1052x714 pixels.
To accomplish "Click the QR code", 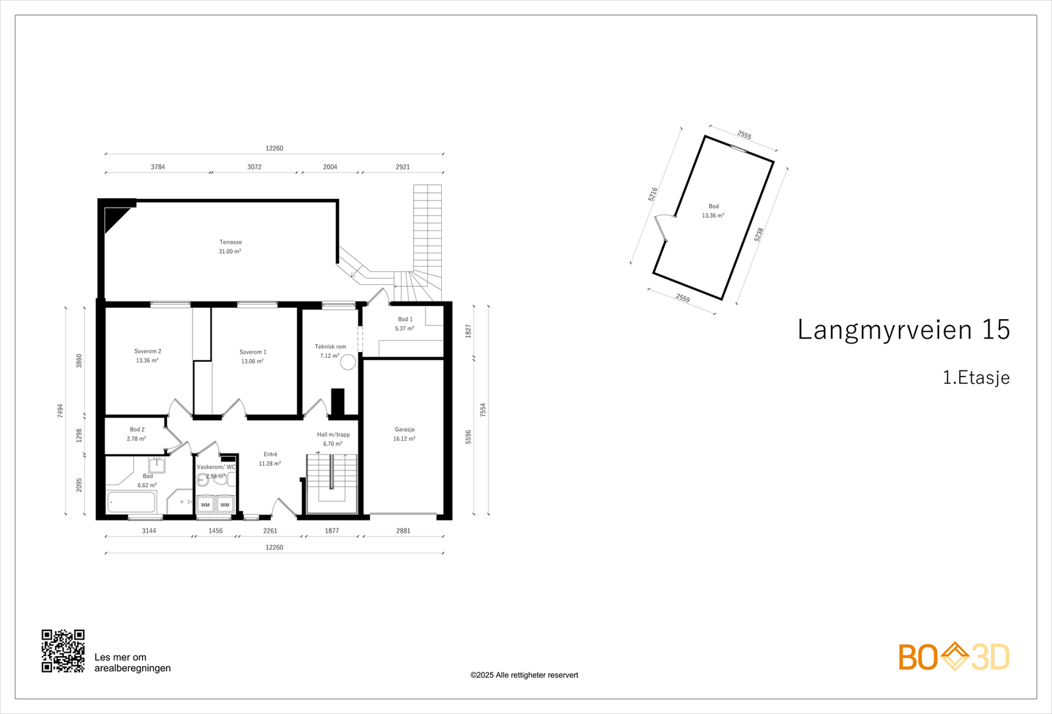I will coord(63,651).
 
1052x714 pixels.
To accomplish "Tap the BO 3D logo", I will coord(954,657).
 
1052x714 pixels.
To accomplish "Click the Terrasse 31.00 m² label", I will coord(230,247).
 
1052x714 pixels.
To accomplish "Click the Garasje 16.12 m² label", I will coord(404,434).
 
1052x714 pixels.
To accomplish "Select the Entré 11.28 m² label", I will coord(270,459).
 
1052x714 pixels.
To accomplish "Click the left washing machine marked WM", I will coord(206,505).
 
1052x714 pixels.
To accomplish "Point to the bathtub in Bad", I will coord(131,502).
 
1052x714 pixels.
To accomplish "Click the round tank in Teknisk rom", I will coord(348,362).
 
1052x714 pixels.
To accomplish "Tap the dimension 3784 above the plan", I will coord(158,167).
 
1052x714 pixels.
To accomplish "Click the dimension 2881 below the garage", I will coord(403,530).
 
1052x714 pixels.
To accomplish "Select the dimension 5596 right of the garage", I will coord(468,437).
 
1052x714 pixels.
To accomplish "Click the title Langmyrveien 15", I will coord(903,330).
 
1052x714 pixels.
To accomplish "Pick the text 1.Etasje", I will coord(976,378).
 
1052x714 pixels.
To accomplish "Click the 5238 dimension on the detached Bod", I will coord(759,235).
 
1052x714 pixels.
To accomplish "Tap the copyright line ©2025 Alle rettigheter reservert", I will coord(524,675).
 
